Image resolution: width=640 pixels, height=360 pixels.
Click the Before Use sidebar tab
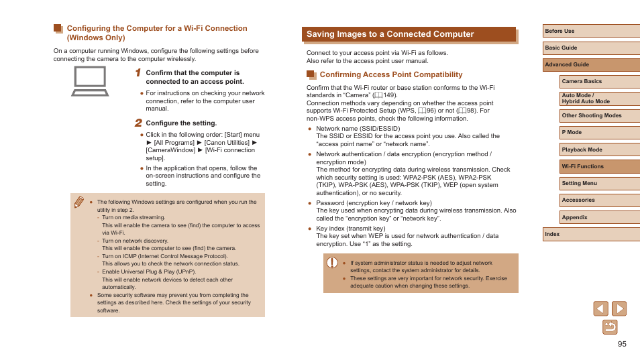point(590,31)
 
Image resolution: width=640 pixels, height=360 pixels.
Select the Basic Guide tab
point(590,48)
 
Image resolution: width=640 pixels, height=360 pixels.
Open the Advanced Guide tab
point(590,65)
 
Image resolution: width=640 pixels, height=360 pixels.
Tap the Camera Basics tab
point(599,82)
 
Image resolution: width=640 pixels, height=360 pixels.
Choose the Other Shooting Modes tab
point(599,115)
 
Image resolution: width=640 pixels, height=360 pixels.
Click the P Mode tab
point(599,133)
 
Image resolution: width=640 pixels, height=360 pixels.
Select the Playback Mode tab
point(599,149)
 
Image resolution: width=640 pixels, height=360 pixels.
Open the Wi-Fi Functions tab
point(599,166)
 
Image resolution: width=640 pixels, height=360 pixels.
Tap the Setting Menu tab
point(599,183)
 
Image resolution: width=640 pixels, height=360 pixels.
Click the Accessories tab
point(599,200)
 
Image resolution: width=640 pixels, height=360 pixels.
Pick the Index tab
point(590,234)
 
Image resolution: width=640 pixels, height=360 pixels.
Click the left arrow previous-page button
point(600,308)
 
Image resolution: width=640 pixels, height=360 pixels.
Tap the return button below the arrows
point(610,327)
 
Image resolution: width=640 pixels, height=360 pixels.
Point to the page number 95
point(622,344)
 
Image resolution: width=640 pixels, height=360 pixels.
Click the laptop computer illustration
point(90,81)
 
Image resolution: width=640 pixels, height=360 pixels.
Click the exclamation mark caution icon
point(332,263)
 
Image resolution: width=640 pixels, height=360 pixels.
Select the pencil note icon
point(79,202)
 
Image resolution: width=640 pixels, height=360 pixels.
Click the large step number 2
point(138,123)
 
